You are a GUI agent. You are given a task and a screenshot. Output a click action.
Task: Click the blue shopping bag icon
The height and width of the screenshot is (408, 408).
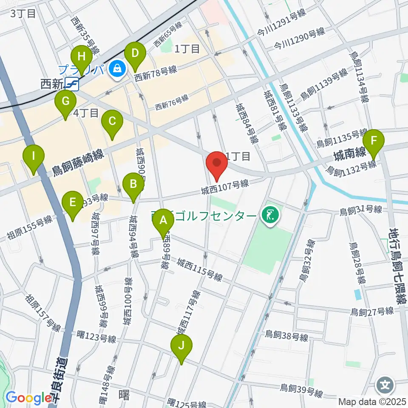[x=116, y=68]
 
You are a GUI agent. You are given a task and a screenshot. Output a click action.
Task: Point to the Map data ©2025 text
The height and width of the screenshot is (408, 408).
[x=373, y=401]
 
